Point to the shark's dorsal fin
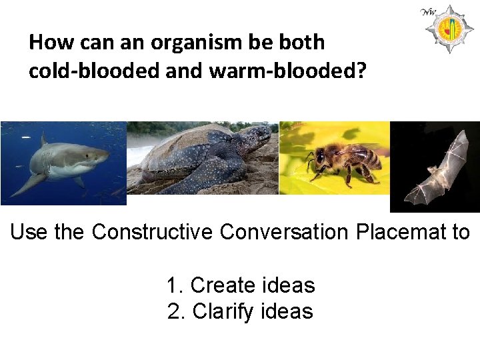point(44,141)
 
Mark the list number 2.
point(174,311)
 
